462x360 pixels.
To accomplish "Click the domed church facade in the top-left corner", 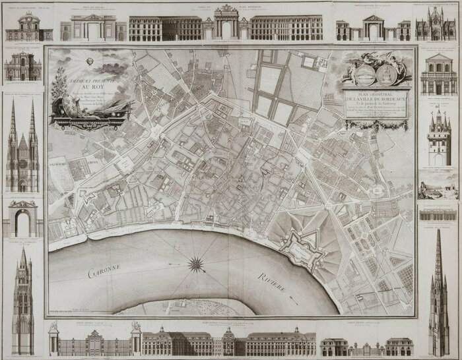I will (23, 26).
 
